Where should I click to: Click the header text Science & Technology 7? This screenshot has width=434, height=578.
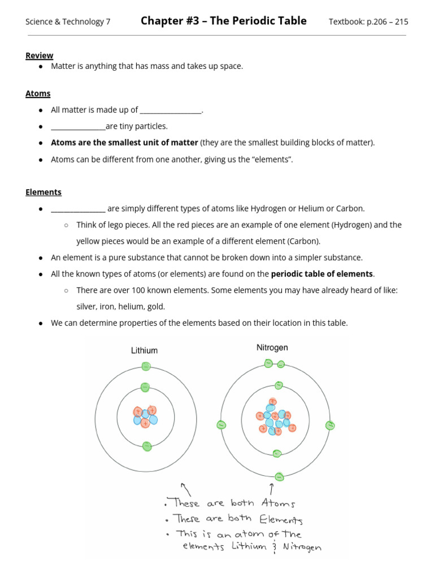click(x=68, y=22)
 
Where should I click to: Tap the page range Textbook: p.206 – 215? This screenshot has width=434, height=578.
click(x=368, y=22)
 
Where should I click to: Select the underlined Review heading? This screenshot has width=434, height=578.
click(x=39, y=55)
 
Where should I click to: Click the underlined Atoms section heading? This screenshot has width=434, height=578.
click(x=38, y=94)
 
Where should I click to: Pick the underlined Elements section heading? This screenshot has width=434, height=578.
click(x=44, y=192)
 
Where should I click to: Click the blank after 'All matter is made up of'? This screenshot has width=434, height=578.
click(x=170, y=111)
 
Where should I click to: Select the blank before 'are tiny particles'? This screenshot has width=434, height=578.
click(x=78, y=126)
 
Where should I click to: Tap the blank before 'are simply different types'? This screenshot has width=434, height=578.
click(x=78, y=209)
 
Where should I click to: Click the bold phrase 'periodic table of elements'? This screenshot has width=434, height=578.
click(x=322, y=274)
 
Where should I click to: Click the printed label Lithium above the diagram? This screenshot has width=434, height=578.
click(x=144, y=351)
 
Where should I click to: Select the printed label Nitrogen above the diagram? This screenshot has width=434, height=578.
click(x=272, y=348)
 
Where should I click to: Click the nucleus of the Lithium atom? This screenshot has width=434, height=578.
click(x=145, y=417)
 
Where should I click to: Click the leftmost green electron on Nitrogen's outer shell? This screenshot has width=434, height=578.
click(x=222, y=425)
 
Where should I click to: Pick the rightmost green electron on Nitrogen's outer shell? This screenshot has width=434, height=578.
click(x=330, y=425)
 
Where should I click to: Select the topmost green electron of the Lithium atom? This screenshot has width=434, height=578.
click(x=146, y=366)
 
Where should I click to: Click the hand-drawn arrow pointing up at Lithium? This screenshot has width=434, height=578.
click(x=184, y=488)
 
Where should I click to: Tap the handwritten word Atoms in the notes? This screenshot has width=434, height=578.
click(x=278, y=503)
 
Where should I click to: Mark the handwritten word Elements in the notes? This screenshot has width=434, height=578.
click(x=281, y=519)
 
